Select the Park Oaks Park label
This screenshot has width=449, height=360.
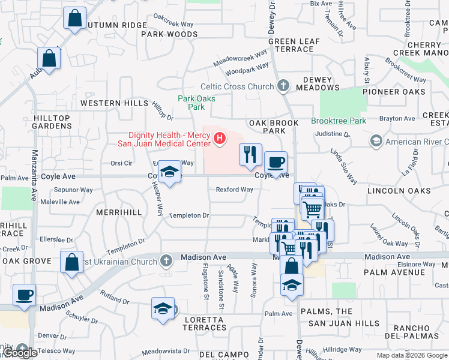pyautogui.click(x=192, y=103)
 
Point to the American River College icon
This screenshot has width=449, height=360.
pyautogui.click(x=376, y=141)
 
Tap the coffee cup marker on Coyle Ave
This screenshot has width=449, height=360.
pyautogui.click(x=276, y=163)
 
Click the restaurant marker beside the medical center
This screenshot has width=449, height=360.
pyautogui.click(x=250, y=155)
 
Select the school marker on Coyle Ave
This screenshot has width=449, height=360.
pyautogui.click(x=170, y=173)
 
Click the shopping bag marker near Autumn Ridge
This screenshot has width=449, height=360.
pyautogui.click(x=74, y=19)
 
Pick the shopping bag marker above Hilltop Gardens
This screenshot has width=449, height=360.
pyautogui.click(x=49, y=59)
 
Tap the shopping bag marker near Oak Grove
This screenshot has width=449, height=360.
pyautogui.click(x=71, y=263)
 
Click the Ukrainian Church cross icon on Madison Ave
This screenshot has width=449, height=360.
pyautogui.click(x=166, y=260)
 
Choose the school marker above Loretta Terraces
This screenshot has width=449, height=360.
pyautogui.click(x=162, y=308)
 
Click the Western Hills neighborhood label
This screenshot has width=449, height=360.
pyautogui.click(x=114, y=103)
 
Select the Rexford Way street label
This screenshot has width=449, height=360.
pyautogui.click(x=234, y=190)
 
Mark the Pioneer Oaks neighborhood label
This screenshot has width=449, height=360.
pyautogui.click(x=394, y=92)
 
